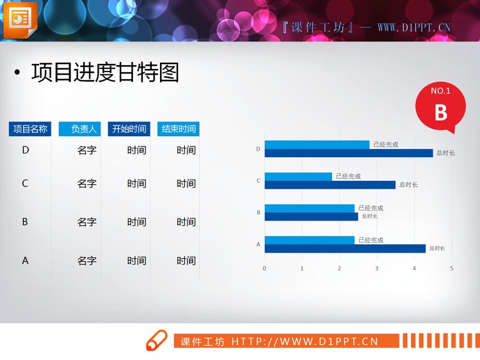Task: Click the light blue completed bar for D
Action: [x=317, y=145]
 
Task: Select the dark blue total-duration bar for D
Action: [x=349, y=153]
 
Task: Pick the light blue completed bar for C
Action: [x=298, y=176]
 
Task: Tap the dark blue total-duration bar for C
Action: [x=330, y=185]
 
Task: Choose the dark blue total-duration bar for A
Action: [x=345, y=248]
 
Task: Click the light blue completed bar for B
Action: [x=309, y=208]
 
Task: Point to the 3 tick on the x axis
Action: [x=377, y=268]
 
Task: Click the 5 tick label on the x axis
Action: [x=452, y=268]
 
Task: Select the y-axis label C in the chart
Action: [x=259, y=181]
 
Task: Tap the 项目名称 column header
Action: [x=30, y=129]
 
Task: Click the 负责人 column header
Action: [x=79, y=129]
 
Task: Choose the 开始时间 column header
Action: [x=129, y=129]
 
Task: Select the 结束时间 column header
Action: [x=179, y=129]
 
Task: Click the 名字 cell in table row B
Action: [x=87, y=223]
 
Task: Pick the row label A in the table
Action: [x=26, y=261]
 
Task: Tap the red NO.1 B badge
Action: [x=440, y=107]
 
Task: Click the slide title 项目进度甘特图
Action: [x=105, y=73]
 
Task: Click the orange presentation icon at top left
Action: [x=20, y=19]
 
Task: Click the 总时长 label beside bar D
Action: [x=445, y=153]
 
